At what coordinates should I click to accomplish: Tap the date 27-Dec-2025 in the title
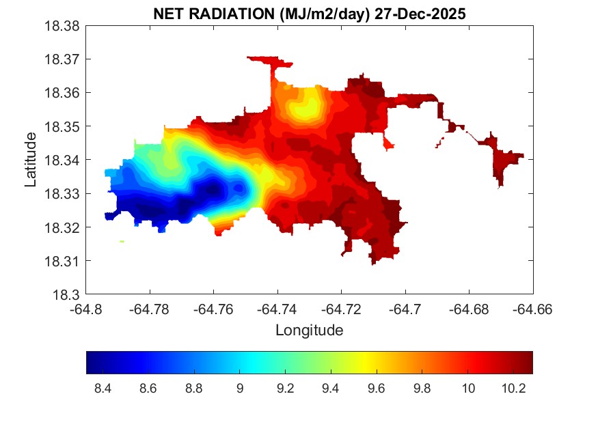pyautogui.click(x=420, y=14)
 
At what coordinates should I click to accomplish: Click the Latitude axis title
pyautogui.click(x=31, y=160)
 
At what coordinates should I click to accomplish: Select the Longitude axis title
pyautogui.click(x=310, y=330)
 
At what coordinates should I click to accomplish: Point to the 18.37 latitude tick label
pyautogui.click(x=62, y=59)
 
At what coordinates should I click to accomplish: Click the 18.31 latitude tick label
pyautogui.click(x=62, y=261)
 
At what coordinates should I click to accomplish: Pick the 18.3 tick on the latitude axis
pyautogui.click(x=66, y=294)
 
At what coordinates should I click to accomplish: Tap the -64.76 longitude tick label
pyautogui.click(x=213, y=309)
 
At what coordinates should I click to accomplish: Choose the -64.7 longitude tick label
pyautogui.click(x=405, y=309)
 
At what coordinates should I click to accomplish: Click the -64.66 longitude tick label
pyautogui.click(x=532, y=309)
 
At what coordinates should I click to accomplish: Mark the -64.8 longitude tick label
pyautogui.click(x=86, y=309)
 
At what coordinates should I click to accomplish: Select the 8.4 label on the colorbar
pyautogui.click(x=103, y=388)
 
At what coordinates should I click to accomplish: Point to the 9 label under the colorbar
pyautogui.click(x=239, y=388)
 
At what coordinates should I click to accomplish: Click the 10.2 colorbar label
pyautogui.click(x=513, y=388)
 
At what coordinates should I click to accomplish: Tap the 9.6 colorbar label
pyautogui.click(x=377, y=388)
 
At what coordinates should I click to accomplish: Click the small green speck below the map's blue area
pyautogui.click(x=122, y=241)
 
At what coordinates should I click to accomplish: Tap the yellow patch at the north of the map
pyautogui.click(x=305, y=107)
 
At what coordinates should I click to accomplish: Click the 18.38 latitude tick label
pyautogui.click(x=62, y=26)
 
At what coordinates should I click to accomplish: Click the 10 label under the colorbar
pyautogui.click(x=468, y=388)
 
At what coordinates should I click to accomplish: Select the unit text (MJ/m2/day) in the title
pyautogui.click(x=325, y=14)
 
